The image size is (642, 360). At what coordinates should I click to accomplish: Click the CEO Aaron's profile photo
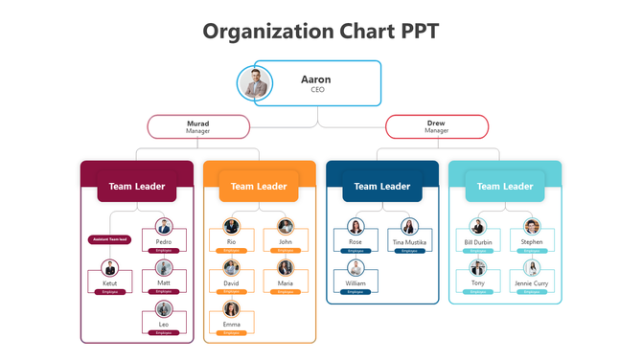pos(255,83)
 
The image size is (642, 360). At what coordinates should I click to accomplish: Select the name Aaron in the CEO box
pos(316,79)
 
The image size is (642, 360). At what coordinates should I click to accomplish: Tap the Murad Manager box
pos(198,126)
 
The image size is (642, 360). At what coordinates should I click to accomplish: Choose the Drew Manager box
pos(436,126)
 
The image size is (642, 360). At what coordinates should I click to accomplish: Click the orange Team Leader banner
pos(259,187)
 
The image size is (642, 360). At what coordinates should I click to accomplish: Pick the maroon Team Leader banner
pos(137,187)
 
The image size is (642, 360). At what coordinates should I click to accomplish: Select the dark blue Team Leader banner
pos(381,187)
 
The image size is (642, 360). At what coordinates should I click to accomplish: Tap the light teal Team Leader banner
pos(504,187)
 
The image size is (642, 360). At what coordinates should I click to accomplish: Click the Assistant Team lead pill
pos(109,239)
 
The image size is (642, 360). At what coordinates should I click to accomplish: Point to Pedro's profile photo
pos(164,227)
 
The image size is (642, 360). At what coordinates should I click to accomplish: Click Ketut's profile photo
pos(110,268)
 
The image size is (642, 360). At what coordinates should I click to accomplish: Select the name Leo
pos(164,325)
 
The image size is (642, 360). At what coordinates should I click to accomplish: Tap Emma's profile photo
pos(231,308)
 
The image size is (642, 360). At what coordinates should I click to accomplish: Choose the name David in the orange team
pos(231,283)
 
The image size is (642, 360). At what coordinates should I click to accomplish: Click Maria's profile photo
pos(286,268)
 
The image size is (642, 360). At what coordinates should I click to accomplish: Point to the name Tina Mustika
pos(409,242)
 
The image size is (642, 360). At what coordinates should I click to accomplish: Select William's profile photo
pos(355,268)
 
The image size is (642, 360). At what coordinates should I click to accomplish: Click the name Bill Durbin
pos(477,242)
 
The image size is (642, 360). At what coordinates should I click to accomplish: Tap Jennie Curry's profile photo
pos(532,268)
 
